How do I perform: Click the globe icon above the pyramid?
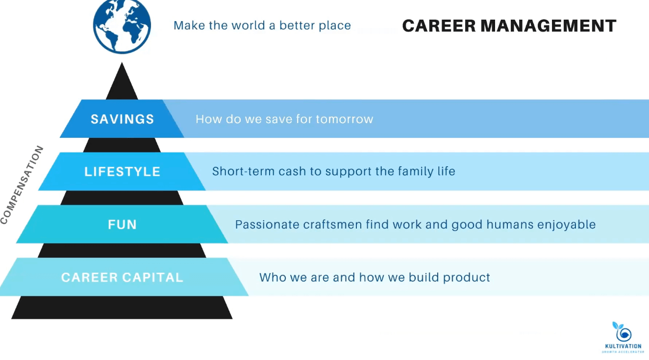tap(122, 26)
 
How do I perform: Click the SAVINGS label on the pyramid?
tap(122, 119)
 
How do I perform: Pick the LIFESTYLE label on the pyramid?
tap(122, 172)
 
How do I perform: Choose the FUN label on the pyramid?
tap(122, 225)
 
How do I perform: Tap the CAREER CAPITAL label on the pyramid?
tap(122, 278)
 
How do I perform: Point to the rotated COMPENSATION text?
tap(22, 185)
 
